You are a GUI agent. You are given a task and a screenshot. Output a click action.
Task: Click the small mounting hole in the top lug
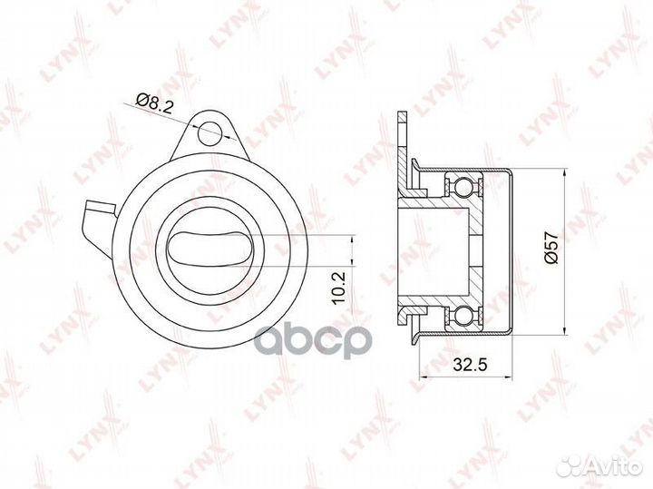click(x=211, y=130)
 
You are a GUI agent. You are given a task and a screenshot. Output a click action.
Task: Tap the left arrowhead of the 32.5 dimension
click(x=423, y=378)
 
